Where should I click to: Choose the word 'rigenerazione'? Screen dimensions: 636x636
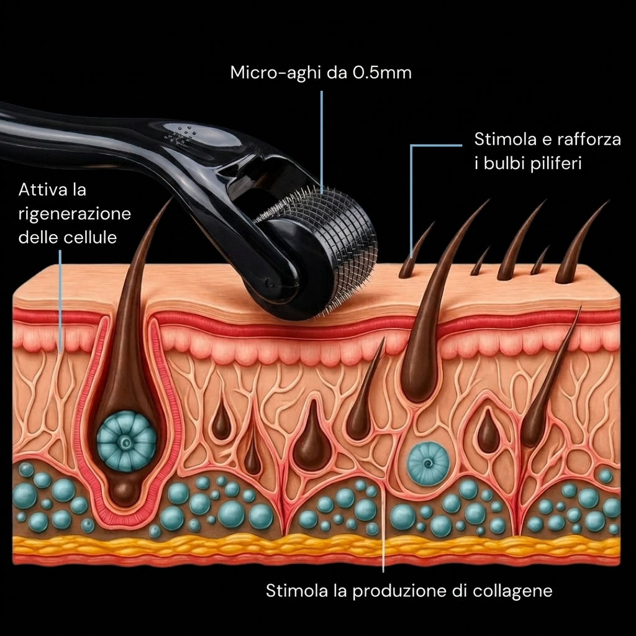point(75,214)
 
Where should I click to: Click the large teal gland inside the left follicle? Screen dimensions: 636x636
point(126,442)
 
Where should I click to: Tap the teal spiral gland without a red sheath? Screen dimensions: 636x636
point(429,463)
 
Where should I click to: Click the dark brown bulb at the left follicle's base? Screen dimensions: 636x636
point(125,492)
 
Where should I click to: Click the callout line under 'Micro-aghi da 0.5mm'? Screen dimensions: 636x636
point(322,143)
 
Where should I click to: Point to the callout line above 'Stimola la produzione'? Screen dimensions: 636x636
point(383,527)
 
